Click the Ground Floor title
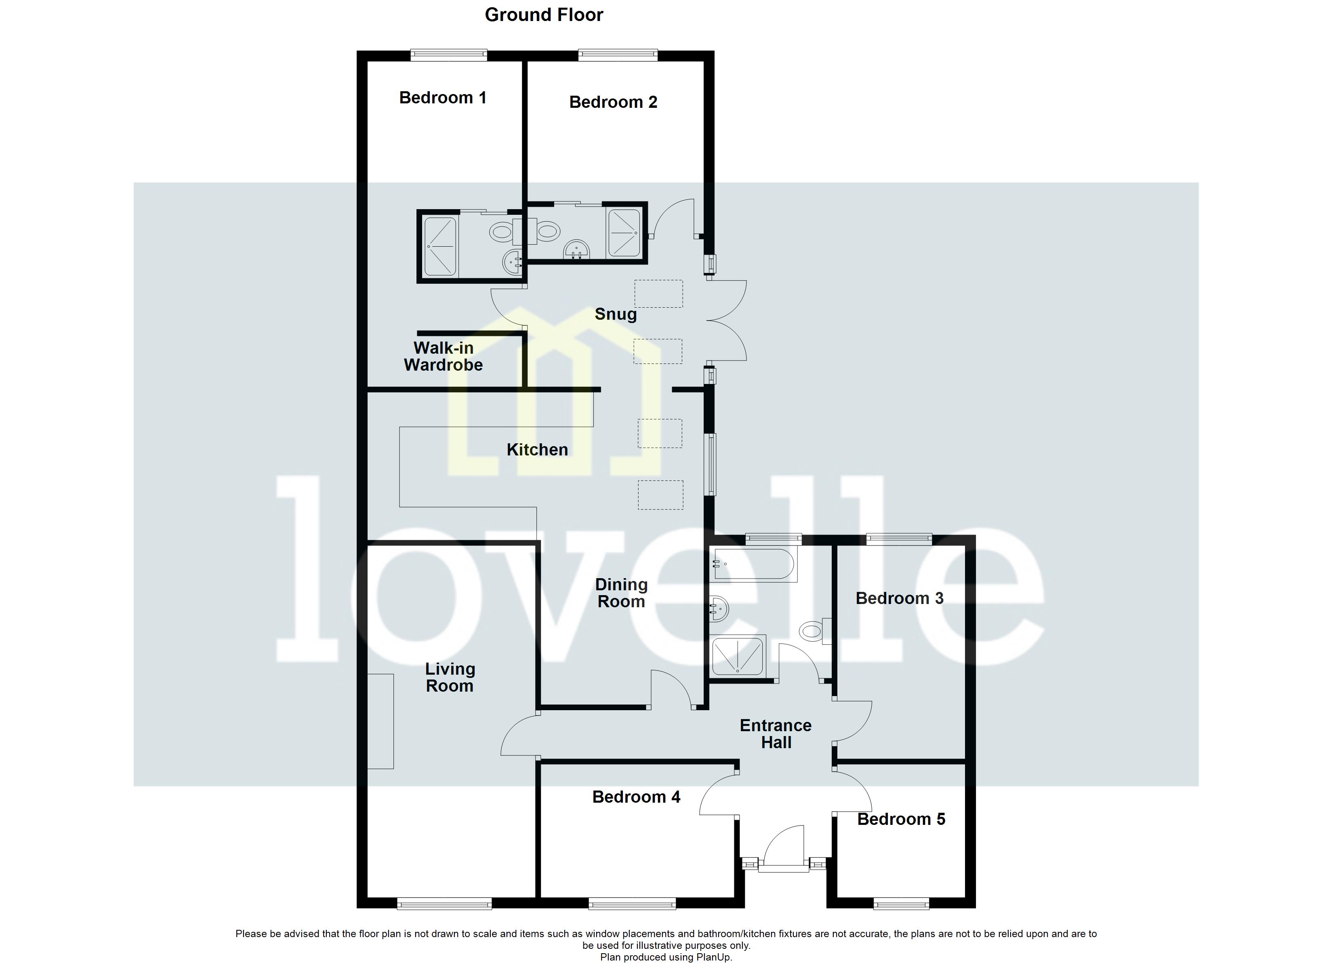[544, 15]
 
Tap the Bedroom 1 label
[443, 98]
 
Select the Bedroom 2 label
[613, 102]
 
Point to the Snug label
[615, 315]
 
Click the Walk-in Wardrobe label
[443, 357]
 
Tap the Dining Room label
[621, 593]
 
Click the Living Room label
[450, 677]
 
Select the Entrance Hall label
[776, 734]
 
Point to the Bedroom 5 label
[901, 819]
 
